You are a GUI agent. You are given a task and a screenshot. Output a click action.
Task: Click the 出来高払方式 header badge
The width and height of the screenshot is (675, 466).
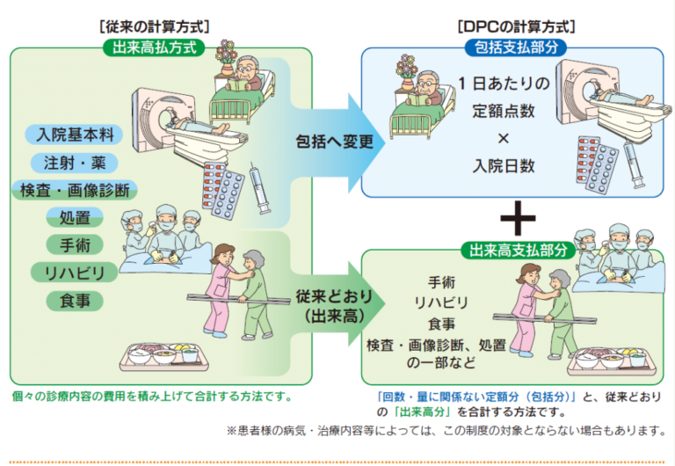(154, 47)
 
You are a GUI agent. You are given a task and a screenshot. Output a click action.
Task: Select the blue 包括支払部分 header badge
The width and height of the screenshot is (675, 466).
(513, 47)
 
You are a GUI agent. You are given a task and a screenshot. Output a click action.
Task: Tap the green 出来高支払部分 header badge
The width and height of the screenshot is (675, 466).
(513, 251)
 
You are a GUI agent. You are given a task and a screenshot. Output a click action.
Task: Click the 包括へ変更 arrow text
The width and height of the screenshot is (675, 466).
(323, 140)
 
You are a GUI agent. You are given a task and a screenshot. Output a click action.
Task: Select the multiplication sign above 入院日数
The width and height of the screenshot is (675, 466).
(504, 139)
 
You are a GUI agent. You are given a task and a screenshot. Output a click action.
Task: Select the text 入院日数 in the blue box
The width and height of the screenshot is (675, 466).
(504, 166)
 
